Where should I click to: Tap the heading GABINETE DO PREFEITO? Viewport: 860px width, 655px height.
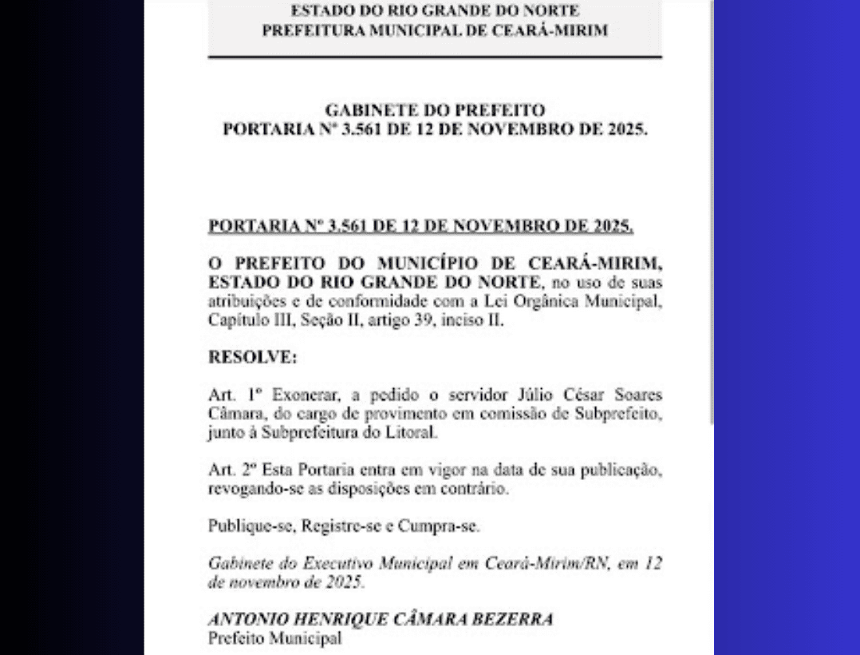pos(435,109)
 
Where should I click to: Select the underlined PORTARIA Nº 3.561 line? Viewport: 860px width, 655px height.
pos(420,228)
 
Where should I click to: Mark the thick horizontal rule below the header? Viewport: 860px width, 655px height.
pos(435,57)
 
